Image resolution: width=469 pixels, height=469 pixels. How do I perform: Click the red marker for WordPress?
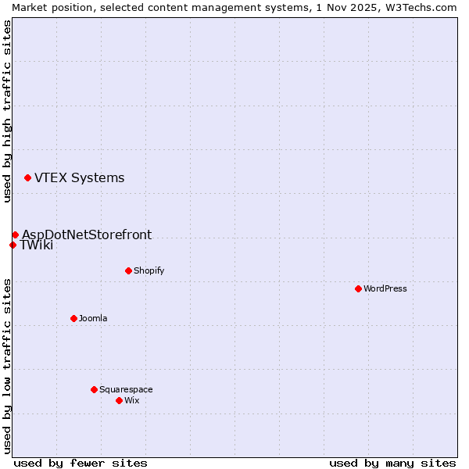point(358,288)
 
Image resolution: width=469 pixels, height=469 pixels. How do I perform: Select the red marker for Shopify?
point(128,270)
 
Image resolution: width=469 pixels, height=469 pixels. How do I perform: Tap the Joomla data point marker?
point(73,318)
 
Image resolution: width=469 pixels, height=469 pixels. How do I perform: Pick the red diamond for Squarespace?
point(94,389)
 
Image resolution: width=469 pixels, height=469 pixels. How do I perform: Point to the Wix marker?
point(119,400)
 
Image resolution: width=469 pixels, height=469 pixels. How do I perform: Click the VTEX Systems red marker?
point(27,177)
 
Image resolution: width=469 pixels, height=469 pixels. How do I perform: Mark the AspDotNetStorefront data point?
point(15,234)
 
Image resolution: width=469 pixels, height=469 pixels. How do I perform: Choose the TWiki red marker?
point(13,245)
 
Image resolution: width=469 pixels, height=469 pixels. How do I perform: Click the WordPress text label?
point(385,288)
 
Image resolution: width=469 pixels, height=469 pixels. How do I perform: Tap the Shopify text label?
point(149,270)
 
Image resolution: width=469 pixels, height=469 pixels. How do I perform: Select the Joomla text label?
point(93,318)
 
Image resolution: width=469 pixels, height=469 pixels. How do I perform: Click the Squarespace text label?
point(126,389)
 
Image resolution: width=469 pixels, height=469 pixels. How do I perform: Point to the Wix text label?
point(131,400)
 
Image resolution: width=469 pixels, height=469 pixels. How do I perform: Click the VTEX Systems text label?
point(79,177)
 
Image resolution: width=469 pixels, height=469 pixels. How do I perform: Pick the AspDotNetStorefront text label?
point(87,234)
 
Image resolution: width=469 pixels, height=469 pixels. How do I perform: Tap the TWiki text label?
point(37,245)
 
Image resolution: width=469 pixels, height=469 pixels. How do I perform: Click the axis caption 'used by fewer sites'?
point(81,463)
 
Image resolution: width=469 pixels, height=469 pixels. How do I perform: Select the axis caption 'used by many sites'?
point(392,463)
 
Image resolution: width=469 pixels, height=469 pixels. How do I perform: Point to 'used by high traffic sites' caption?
point(7,111)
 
